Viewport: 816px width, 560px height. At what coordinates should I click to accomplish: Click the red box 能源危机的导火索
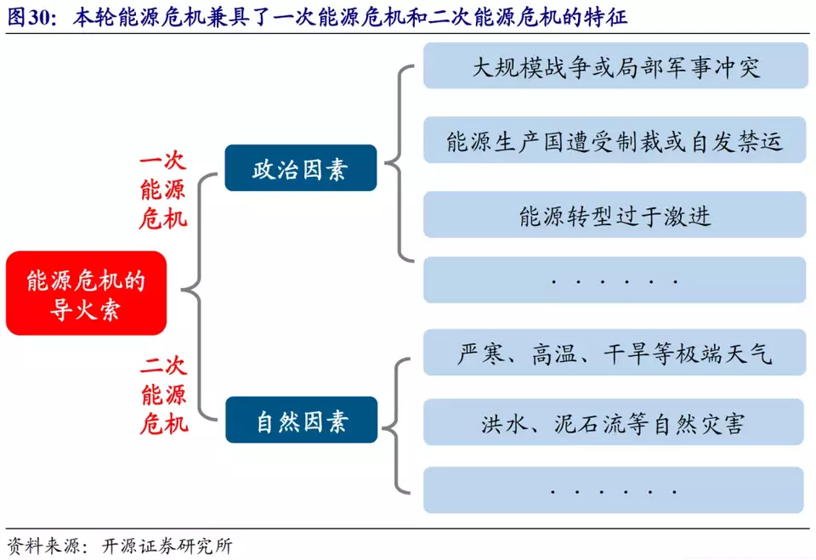[x=86, y=293]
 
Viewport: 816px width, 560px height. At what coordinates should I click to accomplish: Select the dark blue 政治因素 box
[x=300, y=168]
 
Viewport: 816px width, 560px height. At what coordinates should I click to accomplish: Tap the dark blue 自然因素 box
[x=301, y=420]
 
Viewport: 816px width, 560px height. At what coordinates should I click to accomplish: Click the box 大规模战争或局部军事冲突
[x=615, y=66]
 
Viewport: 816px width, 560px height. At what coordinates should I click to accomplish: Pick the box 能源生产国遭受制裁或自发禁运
[x=615, y=141]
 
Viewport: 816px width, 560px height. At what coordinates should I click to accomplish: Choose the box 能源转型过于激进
[x=615, y=216]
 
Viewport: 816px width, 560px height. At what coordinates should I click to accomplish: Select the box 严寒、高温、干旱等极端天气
[x=615, y=353]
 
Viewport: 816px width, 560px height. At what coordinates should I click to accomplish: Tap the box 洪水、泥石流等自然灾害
[x=615, y=422]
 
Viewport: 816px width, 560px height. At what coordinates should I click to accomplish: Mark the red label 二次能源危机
[x=163, y=395]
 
